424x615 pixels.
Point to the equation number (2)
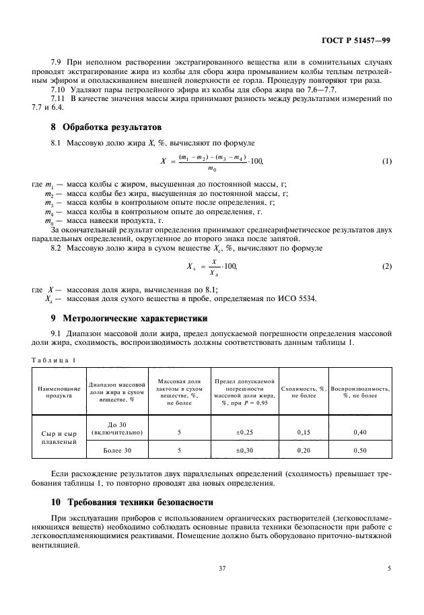386,266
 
